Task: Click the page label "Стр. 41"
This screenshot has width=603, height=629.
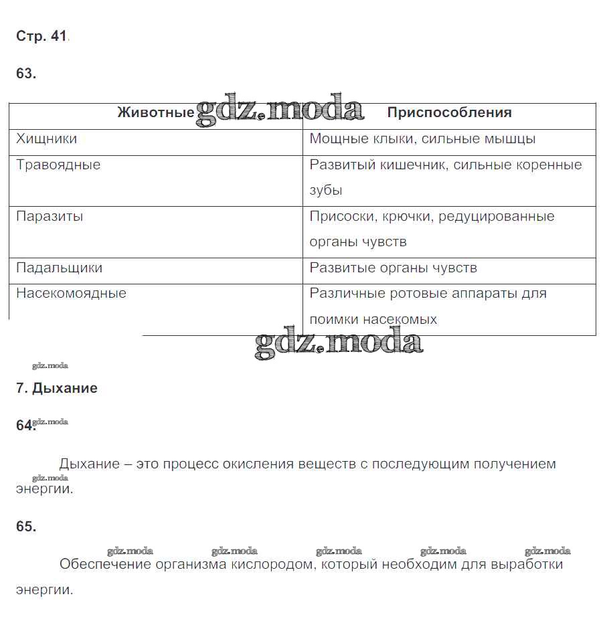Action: pos(41,37)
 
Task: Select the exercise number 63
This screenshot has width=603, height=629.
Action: pos(26,74)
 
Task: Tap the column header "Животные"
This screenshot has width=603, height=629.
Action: pos(155,113)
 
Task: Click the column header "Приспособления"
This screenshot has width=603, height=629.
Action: pos(449,113)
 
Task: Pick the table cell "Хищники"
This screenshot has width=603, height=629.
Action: pos(46,139)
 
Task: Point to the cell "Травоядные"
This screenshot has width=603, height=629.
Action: pos(58,165)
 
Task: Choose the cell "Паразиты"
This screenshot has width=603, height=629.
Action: pos(50,217)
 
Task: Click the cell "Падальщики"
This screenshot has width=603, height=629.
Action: pos(59,268)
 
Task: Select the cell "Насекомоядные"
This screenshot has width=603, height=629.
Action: pos(71,293)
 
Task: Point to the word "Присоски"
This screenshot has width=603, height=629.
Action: pos(337,217)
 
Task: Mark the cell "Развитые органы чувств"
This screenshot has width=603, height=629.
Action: pos(393,268)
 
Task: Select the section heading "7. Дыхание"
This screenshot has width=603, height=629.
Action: pos(57,389)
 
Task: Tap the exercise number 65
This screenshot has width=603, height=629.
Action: pos(26,527)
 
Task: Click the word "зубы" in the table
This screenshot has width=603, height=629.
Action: pos(326,191)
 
